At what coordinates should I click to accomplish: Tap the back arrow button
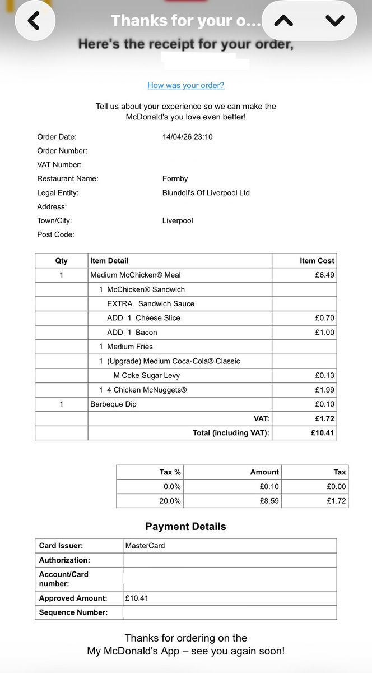[34, 21]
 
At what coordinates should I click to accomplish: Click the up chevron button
[285, 21]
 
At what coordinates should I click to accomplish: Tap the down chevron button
[335, 21]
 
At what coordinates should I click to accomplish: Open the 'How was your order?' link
[186, 85]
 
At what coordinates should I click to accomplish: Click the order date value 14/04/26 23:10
[187, 137]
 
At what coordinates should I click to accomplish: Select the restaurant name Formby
[175, 179]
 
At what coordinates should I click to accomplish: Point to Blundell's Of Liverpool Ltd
[206, 193]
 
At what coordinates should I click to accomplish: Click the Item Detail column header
[109, 261]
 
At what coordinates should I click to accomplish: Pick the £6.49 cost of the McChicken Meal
[324, 275]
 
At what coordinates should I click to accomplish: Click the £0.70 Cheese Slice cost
[324, 318]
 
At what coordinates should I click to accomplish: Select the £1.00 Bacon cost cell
[324, 333]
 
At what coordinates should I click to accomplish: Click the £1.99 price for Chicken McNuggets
[324, 390]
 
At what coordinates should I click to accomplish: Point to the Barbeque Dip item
[113, 404]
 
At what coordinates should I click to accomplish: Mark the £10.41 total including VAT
[323, 433]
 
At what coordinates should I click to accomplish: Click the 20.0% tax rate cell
[170, 501]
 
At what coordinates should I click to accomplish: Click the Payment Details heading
[186, 527]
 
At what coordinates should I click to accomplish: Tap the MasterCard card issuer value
[145, 546]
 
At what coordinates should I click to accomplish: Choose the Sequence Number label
[73, 612]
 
